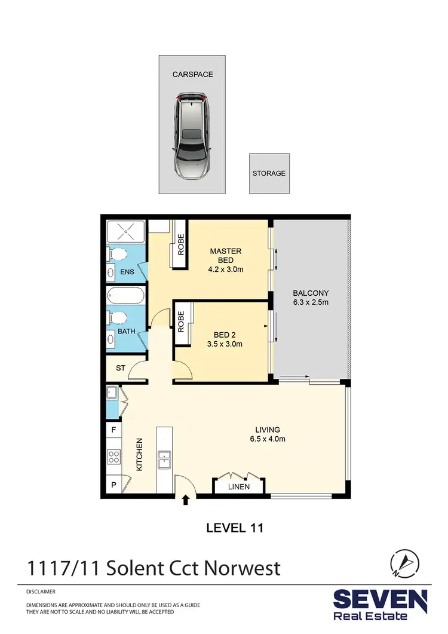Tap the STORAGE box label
pyautogui.click(x=269, y=173)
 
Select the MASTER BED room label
pyautogui.click(x=226, y=252)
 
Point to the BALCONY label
pyautogui.click(x=311, y=293)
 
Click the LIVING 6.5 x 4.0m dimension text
pyautogui.click(x=267, y=439)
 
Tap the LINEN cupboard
pyautogui.click(x=238, y=487)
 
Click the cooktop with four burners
pyautogui.click(x=113, y=458)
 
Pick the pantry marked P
pyautogui.click(x=113, y=485)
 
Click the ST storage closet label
pyautogui.click(x=120, y=368)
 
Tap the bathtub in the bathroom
pyautogui.click(x=125, y=296)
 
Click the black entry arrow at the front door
pyautogui.click(x=185, y=500)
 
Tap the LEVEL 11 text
pyautogui.click(x=235, y=528)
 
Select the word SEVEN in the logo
pyautogui.click(x=380, y=599)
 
